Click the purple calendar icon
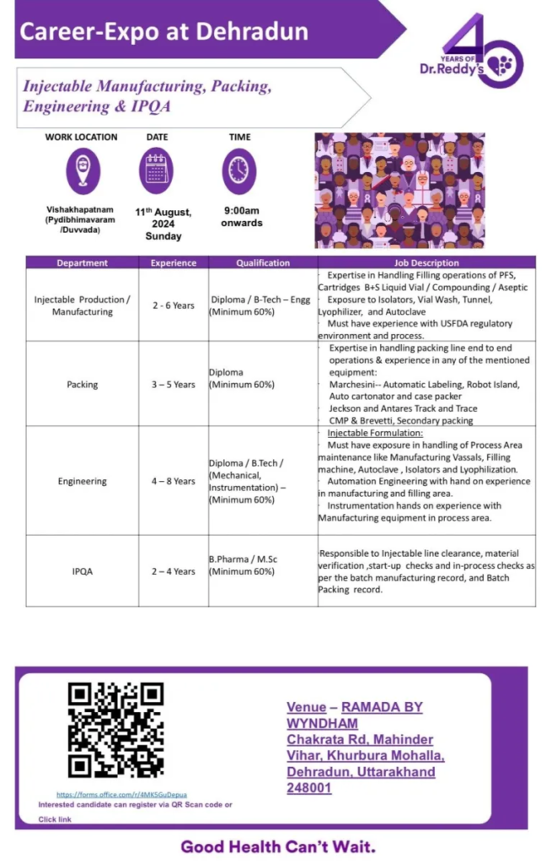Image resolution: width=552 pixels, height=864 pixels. point(157,170)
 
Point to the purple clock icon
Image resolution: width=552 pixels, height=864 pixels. point(239,170)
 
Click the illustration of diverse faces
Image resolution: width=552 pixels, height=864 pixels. point(399,190)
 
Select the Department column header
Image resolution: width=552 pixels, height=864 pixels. point(82,262)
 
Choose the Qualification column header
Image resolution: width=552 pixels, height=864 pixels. point(262,262)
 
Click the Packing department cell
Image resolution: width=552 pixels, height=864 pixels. point(82,385)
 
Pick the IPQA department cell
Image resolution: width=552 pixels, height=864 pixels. point(82,571)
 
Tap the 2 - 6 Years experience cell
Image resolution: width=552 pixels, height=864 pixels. point(173,305)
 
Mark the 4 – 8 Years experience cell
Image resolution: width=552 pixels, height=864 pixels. point(173,482)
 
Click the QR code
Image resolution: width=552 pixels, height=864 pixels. point(115,730)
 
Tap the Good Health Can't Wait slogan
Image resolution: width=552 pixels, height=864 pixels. point(278,846)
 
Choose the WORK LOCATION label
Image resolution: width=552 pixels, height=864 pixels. point(82,137)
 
